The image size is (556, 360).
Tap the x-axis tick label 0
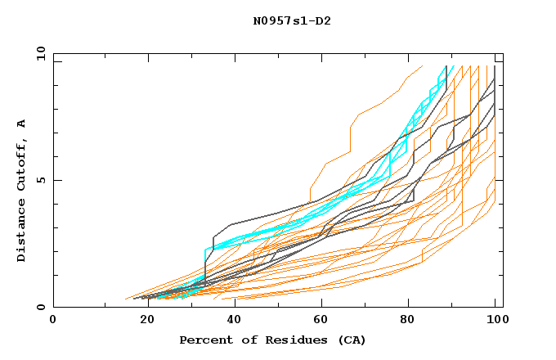53,320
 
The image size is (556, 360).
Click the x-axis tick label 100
495,320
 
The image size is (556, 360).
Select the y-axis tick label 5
43,180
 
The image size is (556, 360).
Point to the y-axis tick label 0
43,307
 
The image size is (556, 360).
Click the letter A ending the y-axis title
22,124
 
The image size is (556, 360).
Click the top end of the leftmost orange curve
422,65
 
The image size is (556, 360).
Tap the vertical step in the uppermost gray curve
213,243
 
